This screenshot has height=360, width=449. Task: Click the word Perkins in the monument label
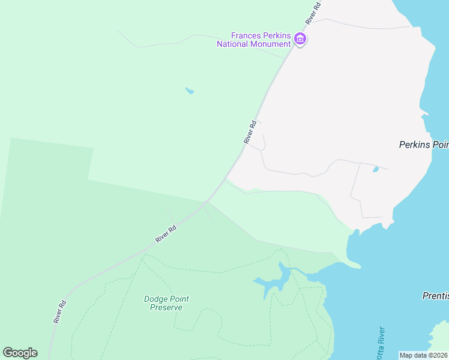click(276, 34)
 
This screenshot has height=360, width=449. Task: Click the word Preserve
click(166, 307)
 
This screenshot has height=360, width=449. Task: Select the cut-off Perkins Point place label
click(424, 145)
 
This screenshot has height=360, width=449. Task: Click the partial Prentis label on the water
click(433, 296)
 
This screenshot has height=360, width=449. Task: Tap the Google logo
click(20, 353)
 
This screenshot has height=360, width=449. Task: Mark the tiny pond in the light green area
click(190, 91)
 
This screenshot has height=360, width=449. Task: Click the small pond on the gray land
click(376, 170)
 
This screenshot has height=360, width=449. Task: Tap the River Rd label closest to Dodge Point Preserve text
click(166, 233)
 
